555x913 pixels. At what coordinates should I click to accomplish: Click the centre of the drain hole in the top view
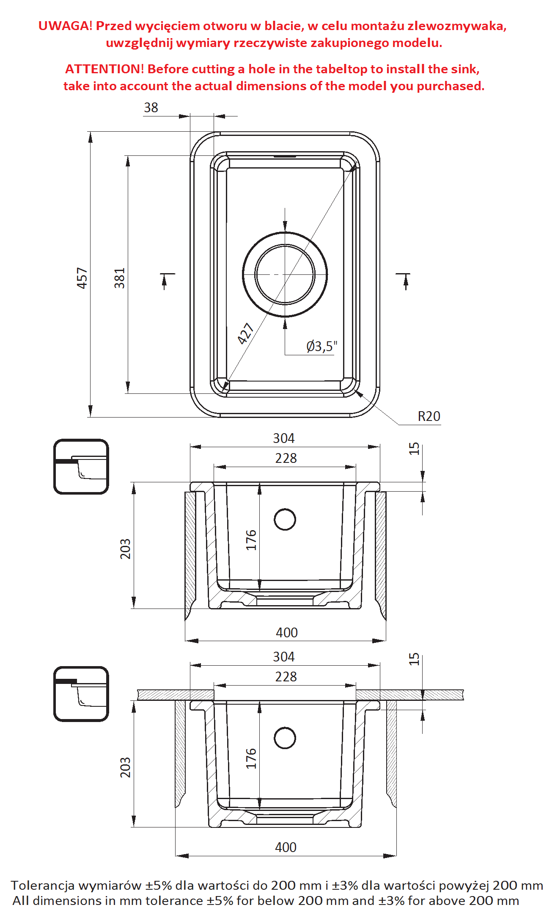point(285,274)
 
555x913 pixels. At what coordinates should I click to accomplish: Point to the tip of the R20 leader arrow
point(356,391)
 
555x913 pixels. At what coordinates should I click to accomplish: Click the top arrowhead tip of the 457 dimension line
point(90,132)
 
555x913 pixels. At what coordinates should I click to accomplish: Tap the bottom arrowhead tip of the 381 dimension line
point(128,393)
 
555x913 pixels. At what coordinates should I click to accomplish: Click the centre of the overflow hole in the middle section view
point(285,520)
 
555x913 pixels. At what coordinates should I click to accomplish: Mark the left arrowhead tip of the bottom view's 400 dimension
point(176,856)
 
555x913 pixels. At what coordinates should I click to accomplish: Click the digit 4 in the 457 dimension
point(82,284)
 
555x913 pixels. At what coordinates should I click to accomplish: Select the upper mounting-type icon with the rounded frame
point(81,467)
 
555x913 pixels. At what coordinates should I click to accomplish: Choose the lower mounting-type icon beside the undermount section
point(81,694)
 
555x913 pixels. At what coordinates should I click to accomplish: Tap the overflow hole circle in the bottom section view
point(285,738)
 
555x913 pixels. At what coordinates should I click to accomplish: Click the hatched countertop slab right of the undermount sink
point(409,695)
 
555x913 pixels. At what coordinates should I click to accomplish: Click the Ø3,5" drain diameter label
point(322,346)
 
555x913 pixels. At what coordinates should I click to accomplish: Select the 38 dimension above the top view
point(151,108)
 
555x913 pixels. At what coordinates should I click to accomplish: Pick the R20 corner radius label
point(429,416)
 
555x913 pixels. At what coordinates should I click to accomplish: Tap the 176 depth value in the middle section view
point(251,540)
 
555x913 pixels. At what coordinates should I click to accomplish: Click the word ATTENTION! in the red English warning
point(104,69)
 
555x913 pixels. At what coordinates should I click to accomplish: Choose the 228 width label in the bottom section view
point(286,677)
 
